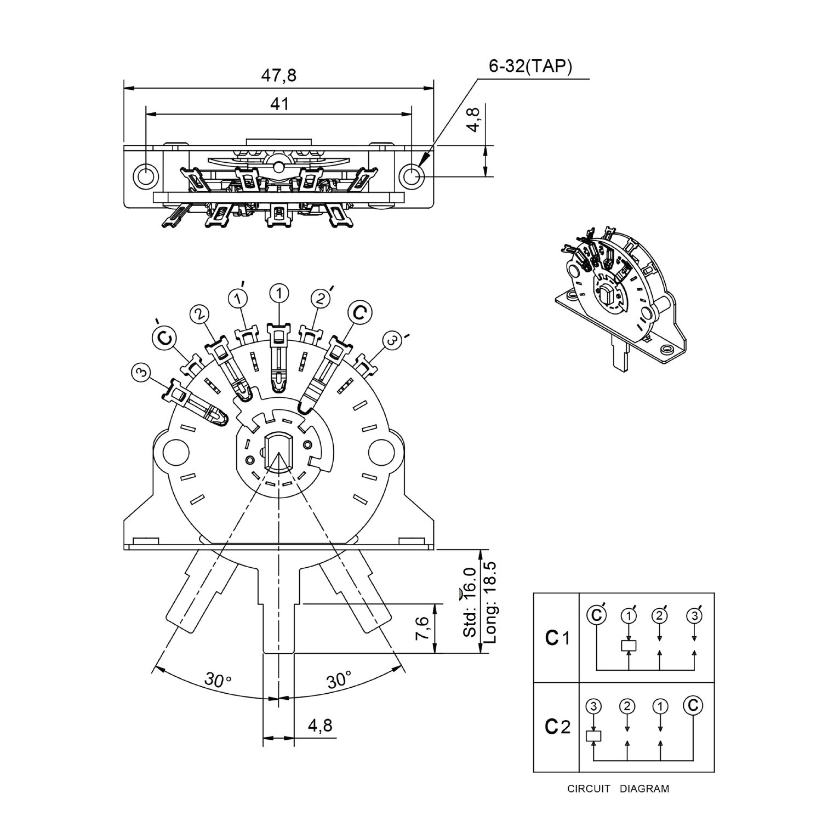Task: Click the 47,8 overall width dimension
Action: click(278, 75)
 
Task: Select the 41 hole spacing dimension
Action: click(279, 104)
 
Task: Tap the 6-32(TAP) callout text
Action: click(530, 66)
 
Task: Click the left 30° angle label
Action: click(218, 680)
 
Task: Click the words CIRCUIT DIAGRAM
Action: click(618, 789)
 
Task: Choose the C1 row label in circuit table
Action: click(557, 638)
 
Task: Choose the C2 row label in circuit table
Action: click(557, 727)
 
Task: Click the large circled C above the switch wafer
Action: click(360, 312)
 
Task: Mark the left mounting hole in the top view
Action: click(146, 175)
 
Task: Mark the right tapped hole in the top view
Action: click(411, 175)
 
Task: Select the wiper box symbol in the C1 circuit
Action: click(629, 645)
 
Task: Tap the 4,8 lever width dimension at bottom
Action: click(320, 726)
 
